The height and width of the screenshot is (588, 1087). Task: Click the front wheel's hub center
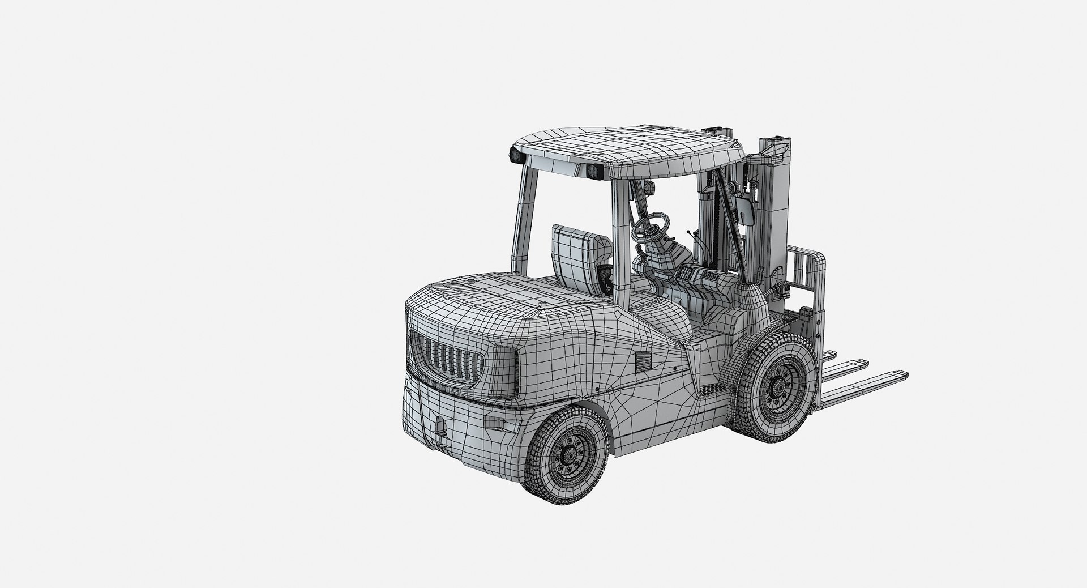(x=780, y=387)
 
